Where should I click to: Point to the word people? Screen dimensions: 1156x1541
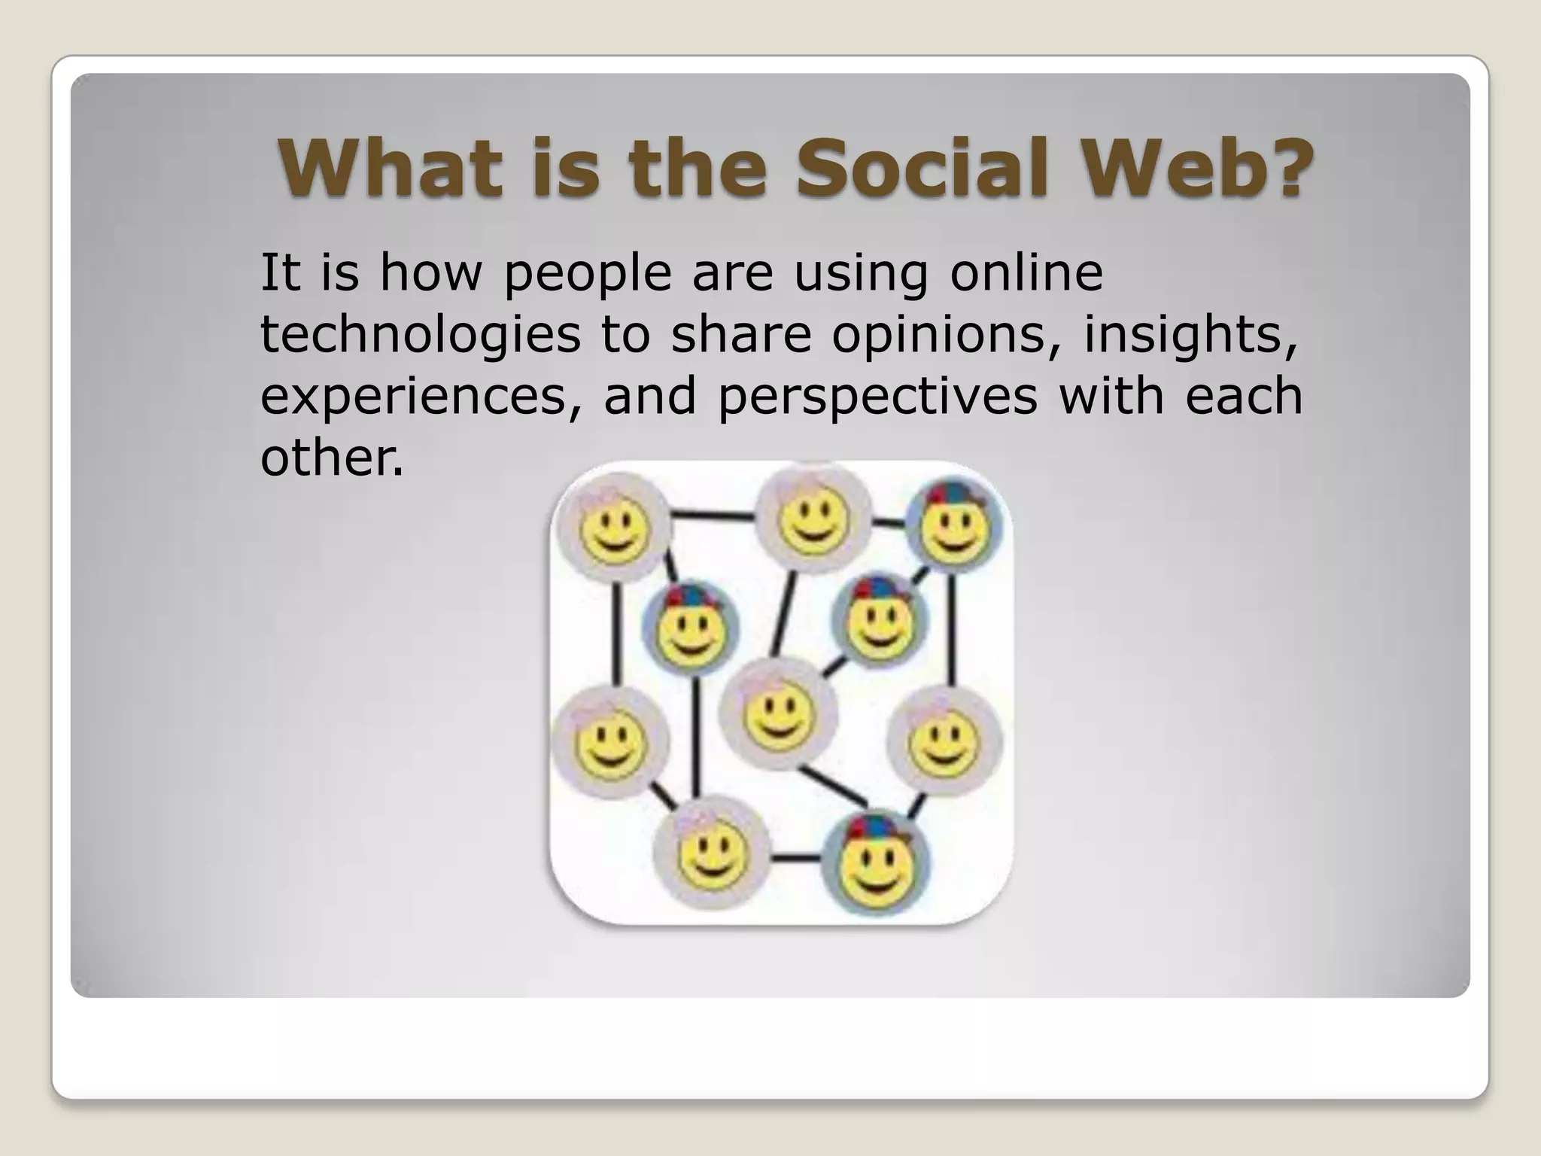click(587, 275)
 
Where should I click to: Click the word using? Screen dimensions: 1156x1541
click(861, 275)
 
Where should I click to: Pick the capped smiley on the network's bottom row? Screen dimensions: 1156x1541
click(874, 863)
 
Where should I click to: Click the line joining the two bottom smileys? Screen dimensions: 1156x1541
click(795, 857)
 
